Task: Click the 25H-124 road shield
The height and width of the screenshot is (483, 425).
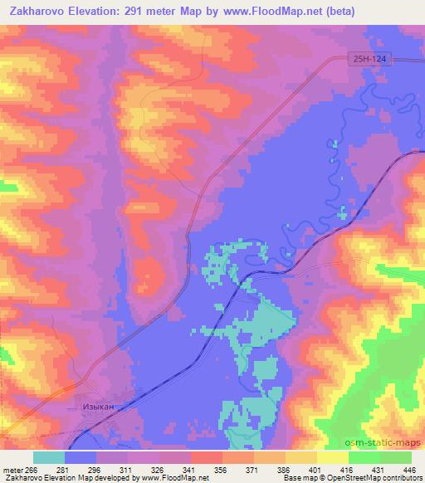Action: click(x=368, y=60)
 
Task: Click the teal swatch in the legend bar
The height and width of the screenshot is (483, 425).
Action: click(x=49, y=456)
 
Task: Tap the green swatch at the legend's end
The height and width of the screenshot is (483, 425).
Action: click(x=396, y=456)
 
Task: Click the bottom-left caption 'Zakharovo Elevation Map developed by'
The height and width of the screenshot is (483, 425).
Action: click(x=56, y=478)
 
